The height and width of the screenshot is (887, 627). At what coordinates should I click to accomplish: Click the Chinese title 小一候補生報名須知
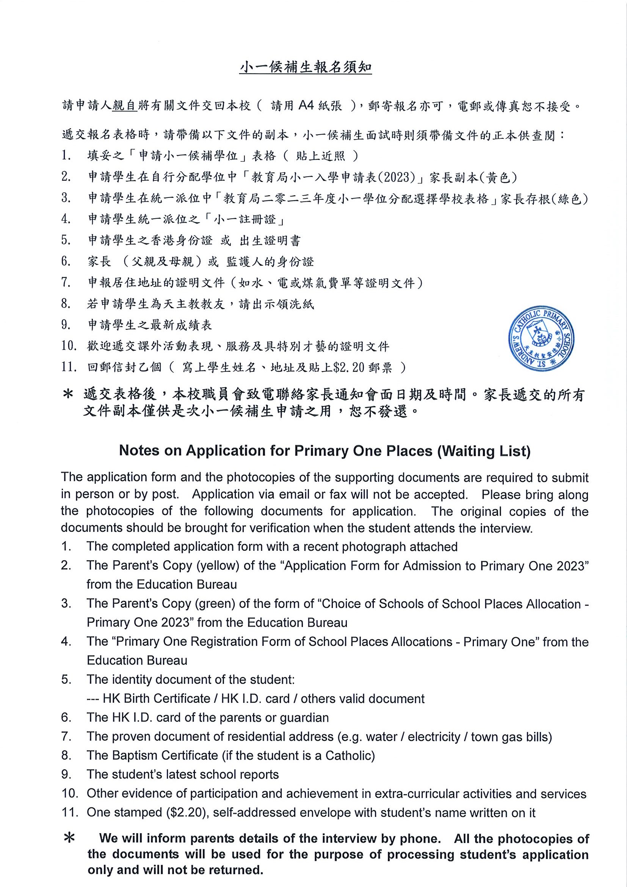click(305, 67)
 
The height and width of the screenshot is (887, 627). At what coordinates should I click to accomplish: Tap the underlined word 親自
click(125, 105)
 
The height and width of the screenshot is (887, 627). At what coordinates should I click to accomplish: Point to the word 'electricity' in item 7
click(434, 737)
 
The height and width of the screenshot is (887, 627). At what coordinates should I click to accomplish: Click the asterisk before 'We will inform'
click(69, 838)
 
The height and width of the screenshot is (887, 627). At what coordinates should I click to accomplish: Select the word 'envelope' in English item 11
click(326, 812)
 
